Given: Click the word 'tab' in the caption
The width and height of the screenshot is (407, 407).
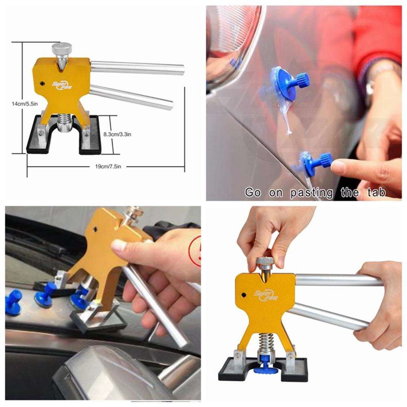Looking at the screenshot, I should click(373, 192).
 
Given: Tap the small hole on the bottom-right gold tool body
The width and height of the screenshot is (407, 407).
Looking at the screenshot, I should click(244, 295).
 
